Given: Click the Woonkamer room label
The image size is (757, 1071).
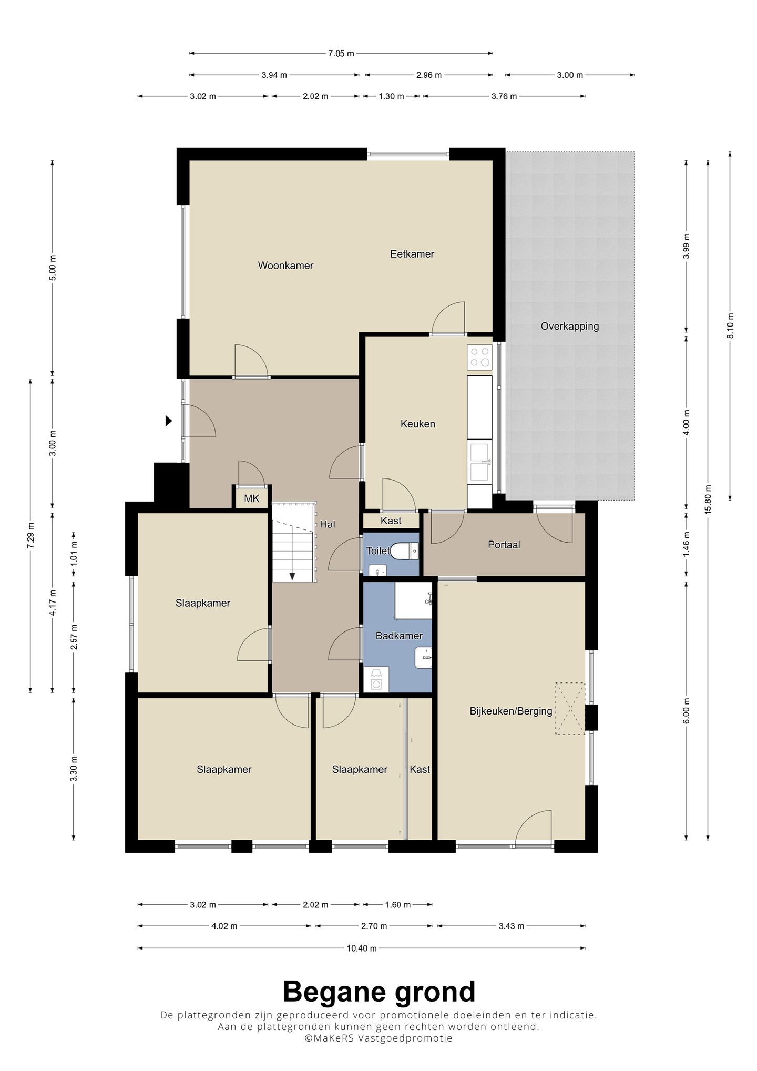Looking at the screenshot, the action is tap(285, 266).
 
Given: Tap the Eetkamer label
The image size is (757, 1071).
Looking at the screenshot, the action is tap(412, 254).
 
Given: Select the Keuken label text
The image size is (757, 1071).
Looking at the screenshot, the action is tap(418, 424).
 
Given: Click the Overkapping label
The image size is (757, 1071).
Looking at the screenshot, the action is tap(570, 327).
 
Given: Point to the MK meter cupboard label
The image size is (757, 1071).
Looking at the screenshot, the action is tap(252, 498).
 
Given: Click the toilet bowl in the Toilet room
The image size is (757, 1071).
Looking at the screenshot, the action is tap(405, 551).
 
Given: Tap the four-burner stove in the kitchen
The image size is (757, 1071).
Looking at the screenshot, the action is tap(480, 356).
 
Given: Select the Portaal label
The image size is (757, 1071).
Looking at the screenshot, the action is tap(504, 545).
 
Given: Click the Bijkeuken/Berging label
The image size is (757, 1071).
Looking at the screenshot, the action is tap(511, 711).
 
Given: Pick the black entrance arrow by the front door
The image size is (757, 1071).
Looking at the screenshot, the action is tap(169, 421).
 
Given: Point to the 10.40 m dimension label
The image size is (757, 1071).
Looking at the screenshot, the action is tap(362, 948).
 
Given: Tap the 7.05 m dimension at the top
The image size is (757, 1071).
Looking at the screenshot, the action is tap(341, 53).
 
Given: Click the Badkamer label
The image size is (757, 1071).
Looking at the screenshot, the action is tap(399, 636).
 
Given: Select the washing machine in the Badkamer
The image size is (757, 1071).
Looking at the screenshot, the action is tap(376, 679).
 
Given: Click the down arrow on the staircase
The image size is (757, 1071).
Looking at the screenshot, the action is tap(292, 576).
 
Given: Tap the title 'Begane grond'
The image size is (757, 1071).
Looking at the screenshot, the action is tap(379, 992).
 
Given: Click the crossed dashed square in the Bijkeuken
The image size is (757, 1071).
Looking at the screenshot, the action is tap(570, 708).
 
